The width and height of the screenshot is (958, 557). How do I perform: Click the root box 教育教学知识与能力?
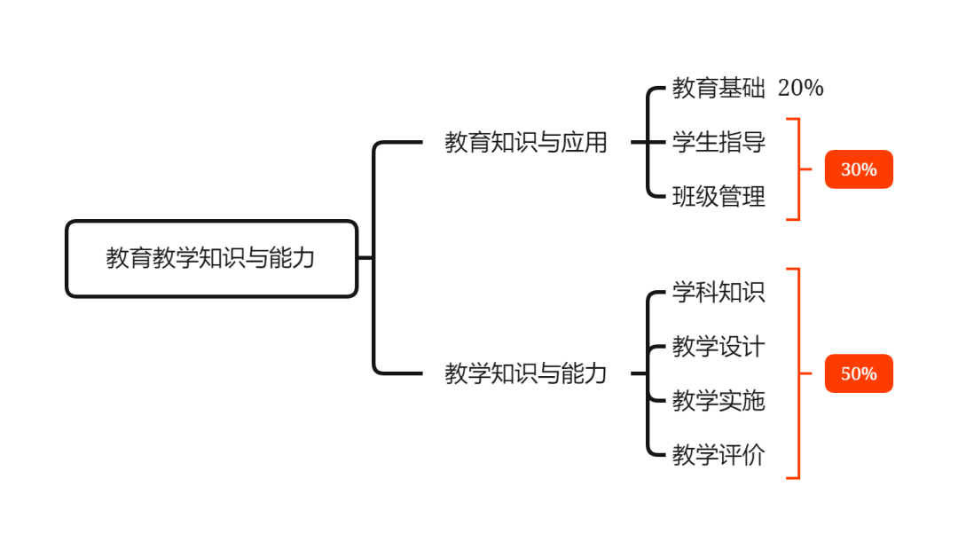coord(211,258)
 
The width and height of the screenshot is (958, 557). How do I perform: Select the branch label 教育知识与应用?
coord(526,142)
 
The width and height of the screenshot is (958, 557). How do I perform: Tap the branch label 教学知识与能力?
coord(526,373)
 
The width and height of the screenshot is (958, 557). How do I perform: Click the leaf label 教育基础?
coord(718,88)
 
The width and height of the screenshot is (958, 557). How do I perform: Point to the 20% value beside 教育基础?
coord(800,88)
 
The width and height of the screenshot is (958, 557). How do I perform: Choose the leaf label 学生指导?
coord(718,142)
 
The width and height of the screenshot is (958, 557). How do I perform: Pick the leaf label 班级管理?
coord(718,196)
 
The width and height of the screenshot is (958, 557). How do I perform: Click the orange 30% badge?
coord(859,169)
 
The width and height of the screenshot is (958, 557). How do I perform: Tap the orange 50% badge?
coord(859,373)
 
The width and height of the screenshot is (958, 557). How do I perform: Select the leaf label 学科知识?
coord(718,292)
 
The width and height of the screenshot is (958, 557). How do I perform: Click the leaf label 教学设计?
coord(718,346)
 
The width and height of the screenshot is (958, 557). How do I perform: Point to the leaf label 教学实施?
coord(718,401)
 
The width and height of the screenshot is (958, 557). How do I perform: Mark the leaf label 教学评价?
coord(718,455)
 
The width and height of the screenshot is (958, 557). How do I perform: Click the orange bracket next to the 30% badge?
coord(798,169)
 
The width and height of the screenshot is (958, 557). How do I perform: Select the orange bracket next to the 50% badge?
coord(798,373)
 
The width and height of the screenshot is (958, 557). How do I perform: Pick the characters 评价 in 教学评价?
coord(742,455)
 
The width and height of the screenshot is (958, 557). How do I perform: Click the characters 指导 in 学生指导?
coord(742,142)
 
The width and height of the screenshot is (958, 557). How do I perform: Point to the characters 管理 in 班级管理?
coord(742,196)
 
